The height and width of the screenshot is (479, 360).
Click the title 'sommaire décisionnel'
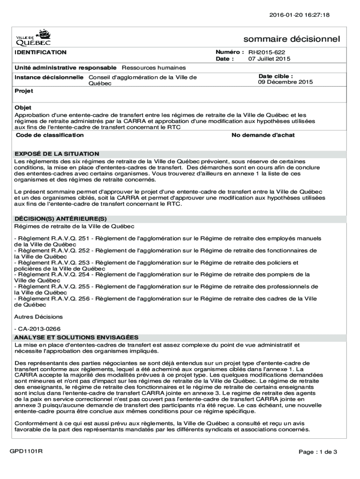coord(292,39)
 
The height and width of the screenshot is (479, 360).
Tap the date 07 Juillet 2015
coord(269,59)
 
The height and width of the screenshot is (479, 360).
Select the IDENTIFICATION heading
coord(41,52)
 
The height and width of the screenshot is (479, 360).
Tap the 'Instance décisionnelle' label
coord(49,77)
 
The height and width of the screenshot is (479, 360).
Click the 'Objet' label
coord(23,108)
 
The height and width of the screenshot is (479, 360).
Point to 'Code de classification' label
coord(50,135)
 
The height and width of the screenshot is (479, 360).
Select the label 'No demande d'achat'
coord(263,135)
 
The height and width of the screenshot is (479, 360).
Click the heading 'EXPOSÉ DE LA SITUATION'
coord(57,153)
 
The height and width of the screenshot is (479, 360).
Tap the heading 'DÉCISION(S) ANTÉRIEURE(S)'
coord(61,219)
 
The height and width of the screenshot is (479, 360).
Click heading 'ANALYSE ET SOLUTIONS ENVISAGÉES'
coord(76,337)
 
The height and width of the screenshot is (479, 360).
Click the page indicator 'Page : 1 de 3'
coord(317,452)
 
